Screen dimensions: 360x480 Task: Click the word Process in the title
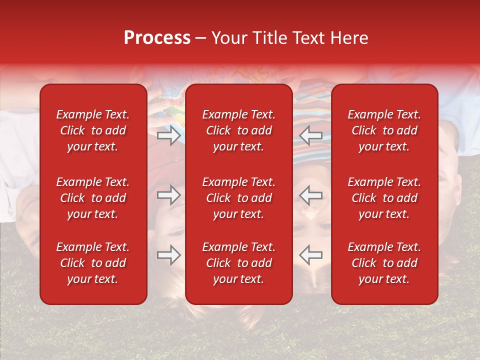[157, 38]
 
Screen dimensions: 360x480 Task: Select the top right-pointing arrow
[169, 135]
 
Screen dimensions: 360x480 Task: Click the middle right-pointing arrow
[169, 195]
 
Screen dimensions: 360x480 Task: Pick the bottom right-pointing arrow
[169, 255]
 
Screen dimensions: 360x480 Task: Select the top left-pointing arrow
[311, 135]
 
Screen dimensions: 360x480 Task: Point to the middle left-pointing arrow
[311, 195]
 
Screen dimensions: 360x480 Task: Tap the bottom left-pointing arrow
[311, 255]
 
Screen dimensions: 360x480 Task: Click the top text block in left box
[93, 130]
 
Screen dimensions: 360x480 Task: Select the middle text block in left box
[93, 198]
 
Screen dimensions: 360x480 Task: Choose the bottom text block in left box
[93, 263]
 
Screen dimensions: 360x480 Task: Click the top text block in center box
[239, 130]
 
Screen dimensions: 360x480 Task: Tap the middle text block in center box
[239, 198]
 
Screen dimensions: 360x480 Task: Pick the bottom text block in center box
[239, 263]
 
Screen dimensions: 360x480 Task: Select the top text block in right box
[384, 130]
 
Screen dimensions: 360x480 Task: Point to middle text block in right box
[384, 198]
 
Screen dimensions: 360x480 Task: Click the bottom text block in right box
[384, 263]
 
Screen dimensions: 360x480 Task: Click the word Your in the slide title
[228, 38]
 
